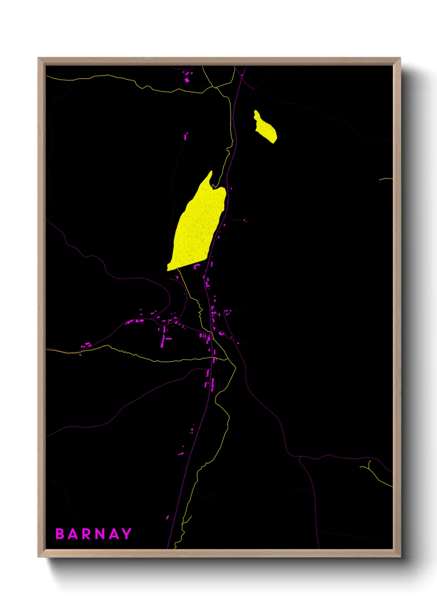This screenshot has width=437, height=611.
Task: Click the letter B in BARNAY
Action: click(x=60, y=534)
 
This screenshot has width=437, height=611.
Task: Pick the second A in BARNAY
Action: click(x=113, y=534)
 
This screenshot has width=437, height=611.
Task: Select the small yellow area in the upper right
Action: click(x=265, y=128)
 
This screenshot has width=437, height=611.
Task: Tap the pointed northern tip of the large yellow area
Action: click(x=211, y=173)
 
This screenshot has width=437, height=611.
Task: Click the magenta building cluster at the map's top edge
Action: click(x=188, y=77)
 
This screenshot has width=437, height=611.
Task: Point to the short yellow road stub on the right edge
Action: click(x=385, y=179)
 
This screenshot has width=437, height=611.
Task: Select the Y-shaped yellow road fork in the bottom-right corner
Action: click(x=369, y=467)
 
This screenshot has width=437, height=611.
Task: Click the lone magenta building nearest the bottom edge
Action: click(x=167, y=517)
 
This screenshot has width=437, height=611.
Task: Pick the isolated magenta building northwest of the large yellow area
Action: click(x=186, y=136)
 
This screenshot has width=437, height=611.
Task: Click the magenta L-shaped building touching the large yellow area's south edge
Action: click(x=197, y=266)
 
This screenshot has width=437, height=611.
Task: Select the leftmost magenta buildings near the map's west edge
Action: click(x=86, y=345)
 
